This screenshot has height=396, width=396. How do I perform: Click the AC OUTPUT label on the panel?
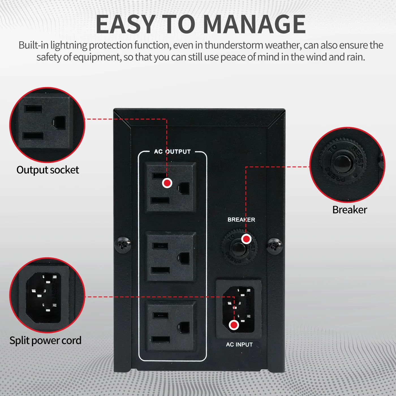172,152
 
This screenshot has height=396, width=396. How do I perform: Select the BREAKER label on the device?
241,220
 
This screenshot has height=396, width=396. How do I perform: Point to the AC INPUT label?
239,345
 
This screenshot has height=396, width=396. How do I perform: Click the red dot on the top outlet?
167,183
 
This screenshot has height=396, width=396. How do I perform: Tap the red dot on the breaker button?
246,239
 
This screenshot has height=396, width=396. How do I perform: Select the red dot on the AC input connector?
234,325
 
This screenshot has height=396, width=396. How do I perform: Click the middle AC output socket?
171,256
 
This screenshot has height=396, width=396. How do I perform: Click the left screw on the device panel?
122,245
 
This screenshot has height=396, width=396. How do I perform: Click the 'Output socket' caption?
48,170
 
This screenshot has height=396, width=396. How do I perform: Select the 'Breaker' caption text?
350,210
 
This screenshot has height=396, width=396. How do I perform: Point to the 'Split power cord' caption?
45,340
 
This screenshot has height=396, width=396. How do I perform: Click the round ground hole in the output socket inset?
59,123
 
